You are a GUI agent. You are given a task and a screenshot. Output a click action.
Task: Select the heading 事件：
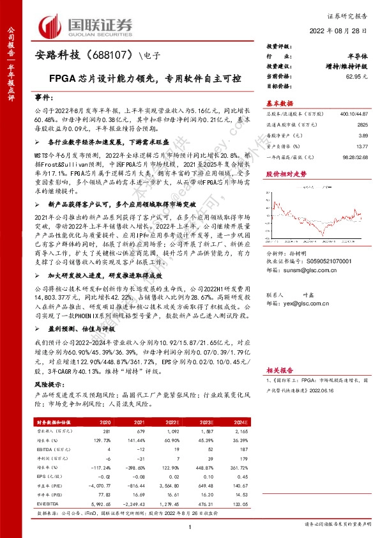(x=49, y=101)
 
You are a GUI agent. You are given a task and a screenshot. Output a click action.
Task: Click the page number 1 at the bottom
(x=190, y=526)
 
